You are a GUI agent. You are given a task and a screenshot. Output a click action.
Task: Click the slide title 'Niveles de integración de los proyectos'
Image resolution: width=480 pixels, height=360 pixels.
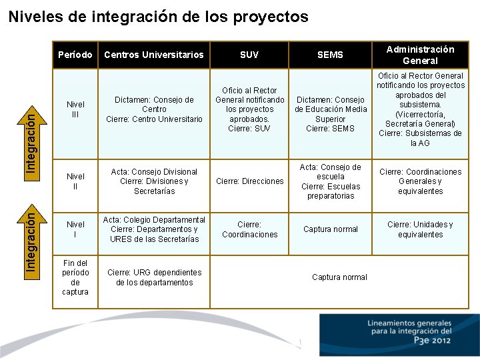click(x=159, y=17)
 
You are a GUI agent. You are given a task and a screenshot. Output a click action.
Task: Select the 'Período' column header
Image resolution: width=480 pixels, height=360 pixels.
click(x=75, y=55)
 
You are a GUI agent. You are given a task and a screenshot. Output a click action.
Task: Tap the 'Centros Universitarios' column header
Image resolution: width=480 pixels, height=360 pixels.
click(x=154, y=55)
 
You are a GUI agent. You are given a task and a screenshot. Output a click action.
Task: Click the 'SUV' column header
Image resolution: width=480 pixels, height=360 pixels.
click(x=249, y=55)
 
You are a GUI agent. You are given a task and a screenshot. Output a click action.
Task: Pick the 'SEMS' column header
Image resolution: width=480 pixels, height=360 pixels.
click(x=330, y=55)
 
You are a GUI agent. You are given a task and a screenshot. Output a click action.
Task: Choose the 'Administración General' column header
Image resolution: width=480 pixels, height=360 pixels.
click(x=420, y=55)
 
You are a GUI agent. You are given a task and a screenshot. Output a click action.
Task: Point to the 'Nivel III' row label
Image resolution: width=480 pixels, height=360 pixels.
click(x=75, y=109)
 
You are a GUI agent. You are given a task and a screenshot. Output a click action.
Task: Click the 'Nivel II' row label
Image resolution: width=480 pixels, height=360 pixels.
click(x=75, y=181)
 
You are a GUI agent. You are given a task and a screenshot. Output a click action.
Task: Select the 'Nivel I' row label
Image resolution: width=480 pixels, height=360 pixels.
click(x=75, y=229)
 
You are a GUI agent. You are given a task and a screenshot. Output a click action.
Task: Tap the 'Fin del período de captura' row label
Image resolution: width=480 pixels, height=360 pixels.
click(x=75, y=277)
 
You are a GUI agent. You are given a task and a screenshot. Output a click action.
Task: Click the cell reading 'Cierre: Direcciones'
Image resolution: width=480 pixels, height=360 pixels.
click(x=249, y=181)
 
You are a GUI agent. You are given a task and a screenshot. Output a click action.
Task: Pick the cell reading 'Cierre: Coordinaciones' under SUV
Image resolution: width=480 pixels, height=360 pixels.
click(x=249, y=229)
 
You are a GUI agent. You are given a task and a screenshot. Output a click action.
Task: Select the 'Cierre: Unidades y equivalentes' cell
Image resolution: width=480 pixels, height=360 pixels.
click(x=420, y=229)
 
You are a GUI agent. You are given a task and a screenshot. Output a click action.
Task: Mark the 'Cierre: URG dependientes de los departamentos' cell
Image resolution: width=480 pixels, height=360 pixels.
click(x=154, y=277)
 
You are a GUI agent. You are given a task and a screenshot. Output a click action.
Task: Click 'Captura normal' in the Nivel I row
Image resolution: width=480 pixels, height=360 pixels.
click(x=331, y=229)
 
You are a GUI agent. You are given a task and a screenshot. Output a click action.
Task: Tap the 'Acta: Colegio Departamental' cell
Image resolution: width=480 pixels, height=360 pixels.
click(x=154, y=229)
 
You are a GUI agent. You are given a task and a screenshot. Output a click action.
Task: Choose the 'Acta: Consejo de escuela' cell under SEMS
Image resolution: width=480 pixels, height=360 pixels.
click(x=331, y=181)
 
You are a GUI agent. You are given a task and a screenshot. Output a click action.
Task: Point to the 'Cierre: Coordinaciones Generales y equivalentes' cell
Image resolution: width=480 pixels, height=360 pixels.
click(x=420, y=181)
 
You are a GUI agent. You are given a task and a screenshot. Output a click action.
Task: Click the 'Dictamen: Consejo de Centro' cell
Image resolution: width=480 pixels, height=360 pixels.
click(x=154, y=109)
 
